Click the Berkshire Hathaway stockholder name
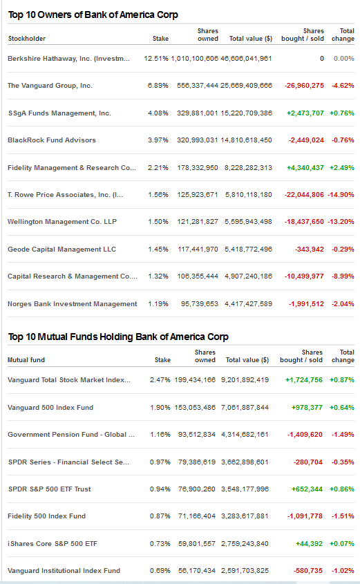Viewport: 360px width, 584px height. coord(69,59)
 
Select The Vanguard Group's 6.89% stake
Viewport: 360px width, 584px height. coord(158,86)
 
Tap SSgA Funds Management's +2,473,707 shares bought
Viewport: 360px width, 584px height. coord(305,113)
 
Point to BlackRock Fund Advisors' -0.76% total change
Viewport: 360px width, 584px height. coord(343,140)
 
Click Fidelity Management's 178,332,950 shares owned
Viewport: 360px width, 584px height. coord(198,168)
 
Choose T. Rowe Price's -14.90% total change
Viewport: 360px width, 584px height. coord(341,194)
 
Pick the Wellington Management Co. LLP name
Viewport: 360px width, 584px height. coord(62,222)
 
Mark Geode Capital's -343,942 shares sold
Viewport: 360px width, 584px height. coord(310,249)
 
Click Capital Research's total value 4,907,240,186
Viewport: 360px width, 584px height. coord(248,276)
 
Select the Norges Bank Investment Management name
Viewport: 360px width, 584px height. coord(73,304)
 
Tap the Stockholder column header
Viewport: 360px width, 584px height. coord(27,39)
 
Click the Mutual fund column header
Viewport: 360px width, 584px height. coord(26,360)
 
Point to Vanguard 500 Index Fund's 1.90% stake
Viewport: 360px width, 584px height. coord(160,408)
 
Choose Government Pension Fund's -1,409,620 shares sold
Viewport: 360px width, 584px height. coord(305,435)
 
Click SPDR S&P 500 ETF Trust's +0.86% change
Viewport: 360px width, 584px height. coord(342,489)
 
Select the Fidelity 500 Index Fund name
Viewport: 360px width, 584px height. coord(46,516)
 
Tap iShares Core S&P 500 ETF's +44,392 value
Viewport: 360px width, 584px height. coord(309,544)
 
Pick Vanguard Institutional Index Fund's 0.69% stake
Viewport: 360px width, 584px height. coord(160,571)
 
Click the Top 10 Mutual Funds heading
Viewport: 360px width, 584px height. coord(118,337)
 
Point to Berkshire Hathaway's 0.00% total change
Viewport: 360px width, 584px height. coord(344,59)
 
